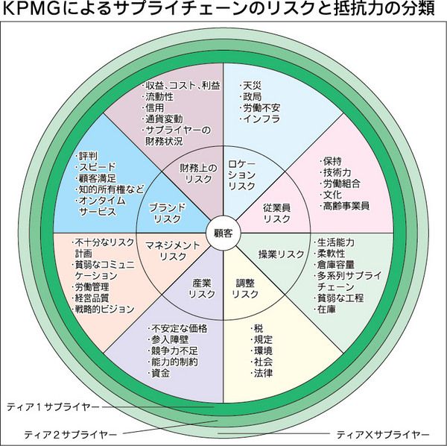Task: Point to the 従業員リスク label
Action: pos(276,212)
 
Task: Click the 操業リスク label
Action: pos(277,254)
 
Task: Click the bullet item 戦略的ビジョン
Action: pos(104,309)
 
